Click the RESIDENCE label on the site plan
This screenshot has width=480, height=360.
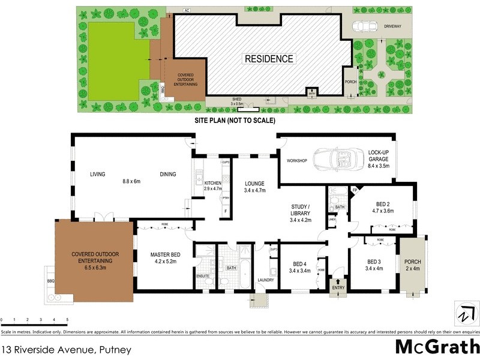click(x=268, y=59)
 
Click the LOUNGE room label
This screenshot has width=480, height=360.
click(x=254, y=184)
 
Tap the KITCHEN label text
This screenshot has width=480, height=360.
click(x=213, y=183)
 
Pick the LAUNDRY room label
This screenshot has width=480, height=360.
click(x=265, y=280)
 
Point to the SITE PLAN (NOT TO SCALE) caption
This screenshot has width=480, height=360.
click(x=235, y=120)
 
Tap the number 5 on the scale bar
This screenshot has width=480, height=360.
click(x=67, y=320)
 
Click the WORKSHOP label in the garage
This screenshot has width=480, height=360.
click(x=297, y=161)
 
